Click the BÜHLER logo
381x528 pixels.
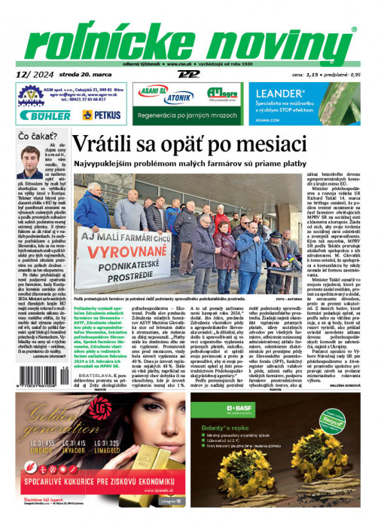point(47,115)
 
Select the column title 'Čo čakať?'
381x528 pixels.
point(35,137)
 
